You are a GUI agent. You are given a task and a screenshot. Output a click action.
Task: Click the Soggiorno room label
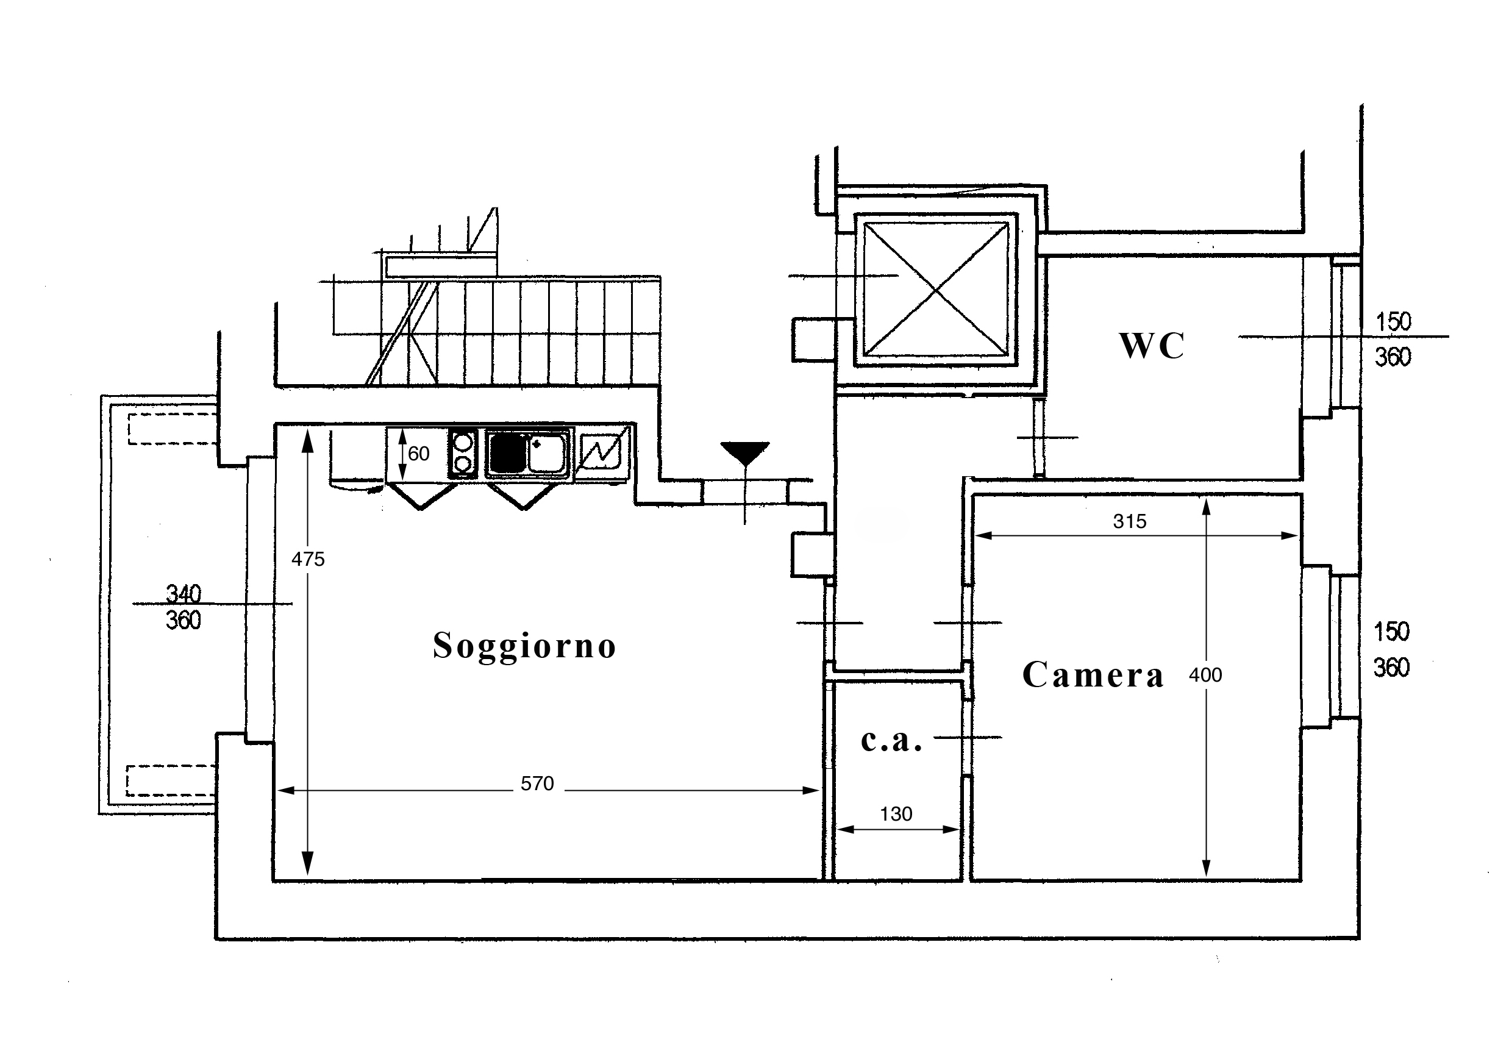tap(524, 646)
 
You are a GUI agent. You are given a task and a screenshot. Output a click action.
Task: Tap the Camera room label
tap(1093, 674)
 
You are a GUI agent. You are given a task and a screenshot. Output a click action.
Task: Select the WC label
tap(1152, 345)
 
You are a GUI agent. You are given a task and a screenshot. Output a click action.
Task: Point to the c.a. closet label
tap(891, 740)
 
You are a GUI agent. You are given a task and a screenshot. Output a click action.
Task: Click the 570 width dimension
tap(537, 783)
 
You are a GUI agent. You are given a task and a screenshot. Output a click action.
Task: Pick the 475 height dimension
tap(307, 559)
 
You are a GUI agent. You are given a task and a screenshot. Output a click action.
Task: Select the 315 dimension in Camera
tap(1129, 521)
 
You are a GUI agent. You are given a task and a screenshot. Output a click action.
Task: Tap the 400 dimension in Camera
tap(1205, 674)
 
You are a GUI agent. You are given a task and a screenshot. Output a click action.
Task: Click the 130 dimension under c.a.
tap(896, 814)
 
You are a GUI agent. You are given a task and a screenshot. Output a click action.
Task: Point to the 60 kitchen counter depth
tap(419, 454)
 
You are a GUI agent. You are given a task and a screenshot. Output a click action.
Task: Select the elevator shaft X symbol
tap(936, 289)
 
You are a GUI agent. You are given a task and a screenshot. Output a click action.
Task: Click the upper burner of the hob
tap(463, 441)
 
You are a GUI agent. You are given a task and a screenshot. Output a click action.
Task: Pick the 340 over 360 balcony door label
tap(184, 607)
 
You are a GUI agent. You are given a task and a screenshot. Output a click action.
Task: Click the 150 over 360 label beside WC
tap(1393, 339)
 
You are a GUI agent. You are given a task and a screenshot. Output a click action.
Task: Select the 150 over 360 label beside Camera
tap(1392, 650)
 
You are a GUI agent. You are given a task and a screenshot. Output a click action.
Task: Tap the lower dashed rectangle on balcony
tap(171, 781)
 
